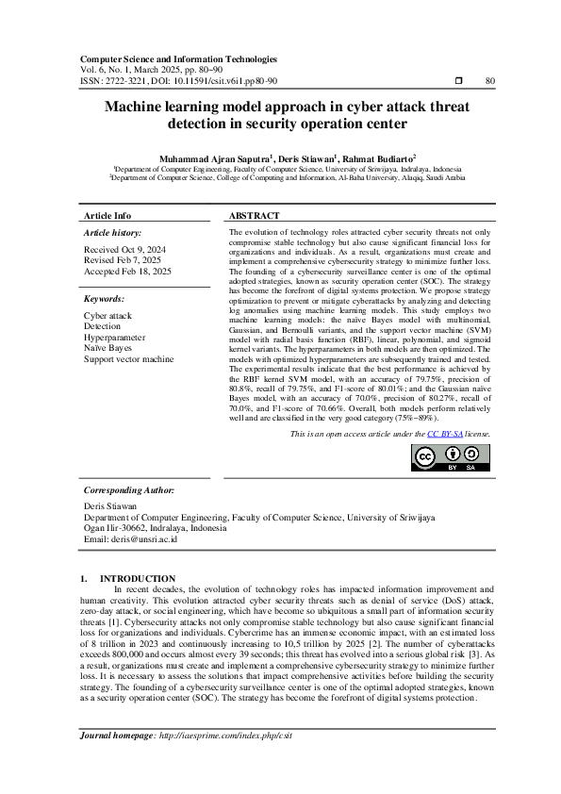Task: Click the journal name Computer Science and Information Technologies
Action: [x=178, y=58]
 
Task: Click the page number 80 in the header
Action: [x=489, y=81]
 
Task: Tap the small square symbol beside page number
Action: [x=458, y=81]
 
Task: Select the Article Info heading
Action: [x=107, y=216]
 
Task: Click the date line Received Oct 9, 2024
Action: [x=124, y=250]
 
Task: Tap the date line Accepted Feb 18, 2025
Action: [x=127, y=271]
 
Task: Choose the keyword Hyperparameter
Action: [x=114, y=337]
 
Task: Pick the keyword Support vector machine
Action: [x=128, y=358]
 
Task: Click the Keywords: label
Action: [x=104, y=299]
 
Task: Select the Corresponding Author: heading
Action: [x=128, y=490]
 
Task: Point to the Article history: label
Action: [x=112, y=232]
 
